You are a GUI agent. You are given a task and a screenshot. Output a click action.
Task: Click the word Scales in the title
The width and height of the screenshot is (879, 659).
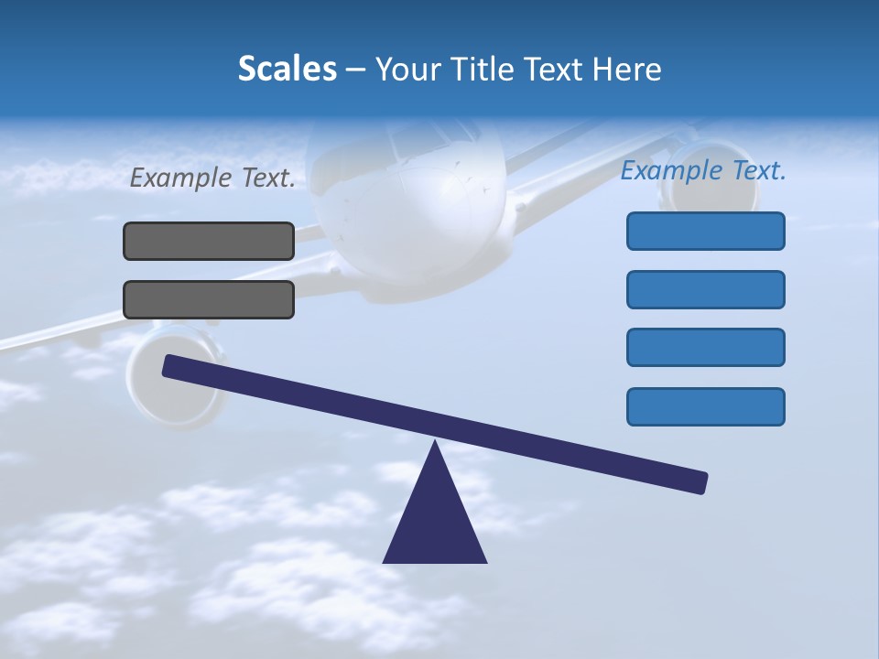pos(287,69)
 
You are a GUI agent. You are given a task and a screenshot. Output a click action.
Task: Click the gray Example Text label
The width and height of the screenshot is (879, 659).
pos(212,178)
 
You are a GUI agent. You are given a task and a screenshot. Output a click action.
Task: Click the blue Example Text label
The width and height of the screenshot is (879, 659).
pos(703,171)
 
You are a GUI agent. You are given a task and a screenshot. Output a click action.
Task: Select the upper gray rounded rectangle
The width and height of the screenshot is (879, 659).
pos(209,241)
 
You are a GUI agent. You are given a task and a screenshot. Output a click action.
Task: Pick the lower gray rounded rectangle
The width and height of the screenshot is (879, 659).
pos(209,299)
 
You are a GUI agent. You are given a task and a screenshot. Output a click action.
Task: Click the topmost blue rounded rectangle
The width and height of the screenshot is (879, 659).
pos(705,231)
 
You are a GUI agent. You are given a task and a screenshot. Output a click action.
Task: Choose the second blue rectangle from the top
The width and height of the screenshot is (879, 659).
pos(705,289)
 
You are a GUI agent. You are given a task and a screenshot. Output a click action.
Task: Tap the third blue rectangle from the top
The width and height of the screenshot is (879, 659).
pos(705,347)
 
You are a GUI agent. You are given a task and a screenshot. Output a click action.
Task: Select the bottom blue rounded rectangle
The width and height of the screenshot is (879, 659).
pos(705,406)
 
